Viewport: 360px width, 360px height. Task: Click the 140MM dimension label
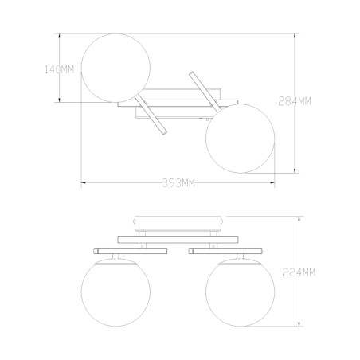coord(59,69)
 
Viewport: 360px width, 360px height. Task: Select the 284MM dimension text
coord(295,101)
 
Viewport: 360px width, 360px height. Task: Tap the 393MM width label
coord(178,183)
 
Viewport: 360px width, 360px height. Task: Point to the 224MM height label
coord(299,272)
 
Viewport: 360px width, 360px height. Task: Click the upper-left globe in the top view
coord(115,68)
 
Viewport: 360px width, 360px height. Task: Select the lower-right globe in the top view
coord(241,139)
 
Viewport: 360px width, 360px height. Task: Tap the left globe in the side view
coord(115,292)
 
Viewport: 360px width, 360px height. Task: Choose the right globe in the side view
coord(241,292)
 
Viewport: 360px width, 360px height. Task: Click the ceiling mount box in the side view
coord(178,224)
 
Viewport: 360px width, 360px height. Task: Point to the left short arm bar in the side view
coord(130,251)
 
